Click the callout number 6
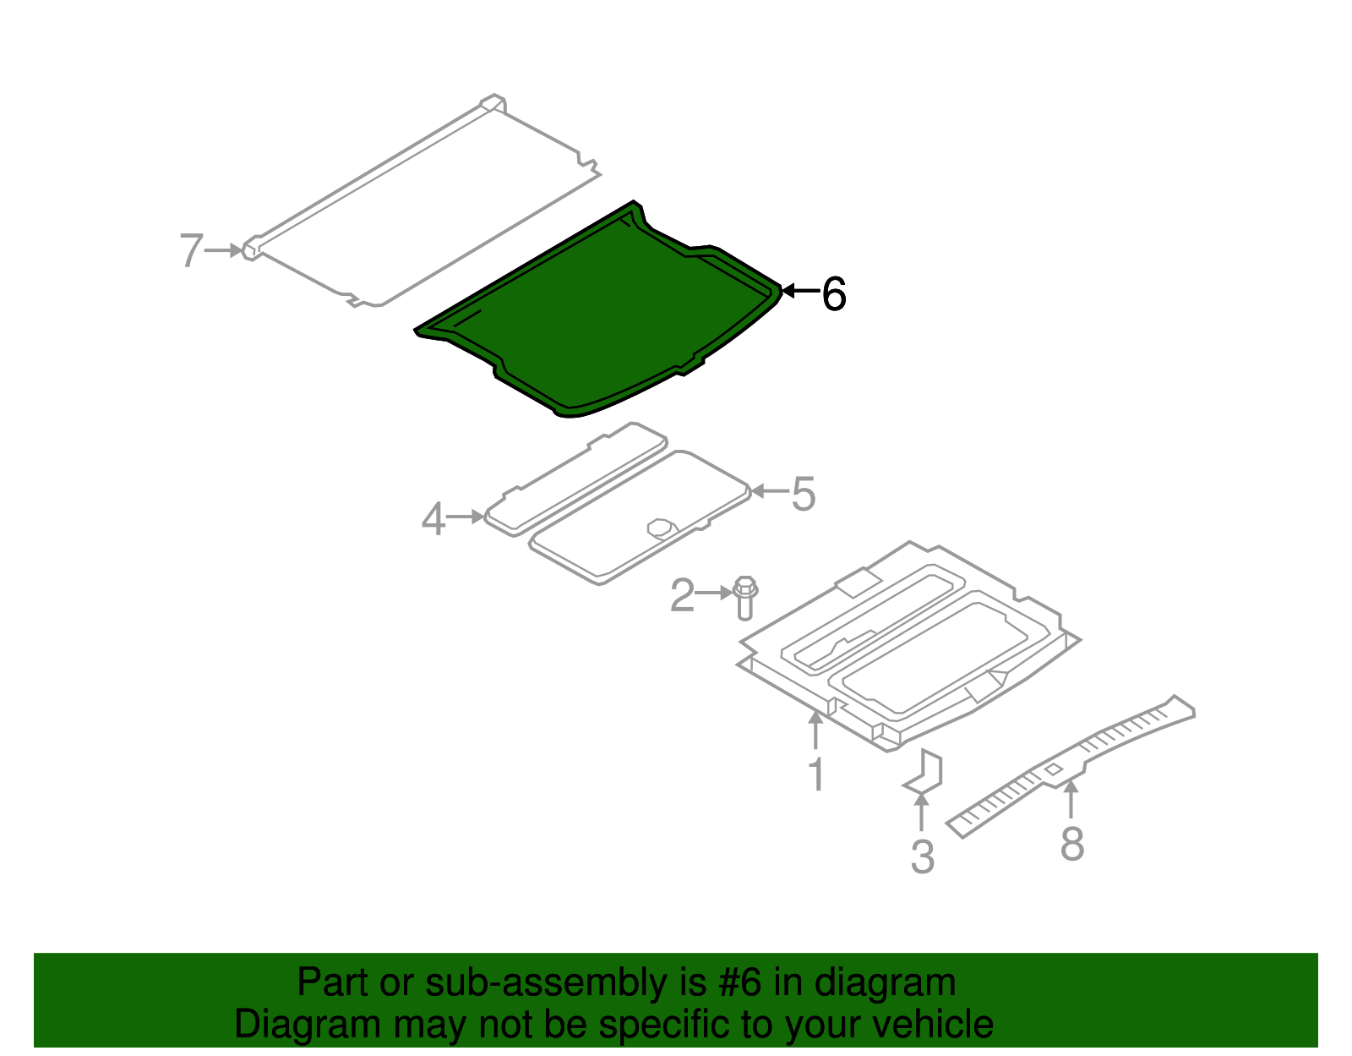[833, 294]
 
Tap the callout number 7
[191, 251]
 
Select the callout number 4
[433, 518]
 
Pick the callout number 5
[804, 494]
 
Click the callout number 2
[682, 595]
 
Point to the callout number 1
[816, 774]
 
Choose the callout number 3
[922, 856]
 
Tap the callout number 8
[1072, 843]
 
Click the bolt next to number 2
[744, 596]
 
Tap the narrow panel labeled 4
[575, 478]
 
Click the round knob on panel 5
[662, 528]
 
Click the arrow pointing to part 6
[799, 291]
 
